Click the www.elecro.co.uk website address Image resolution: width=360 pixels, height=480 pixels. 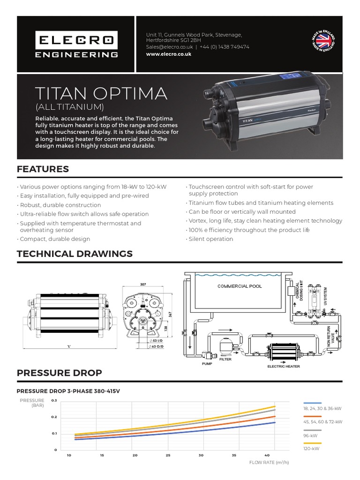click(x=169, y=54)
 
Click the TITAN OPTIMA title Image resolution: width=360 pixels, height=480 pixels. click(x=101, y=93)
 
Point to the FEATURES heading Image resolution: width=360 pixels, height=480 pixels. click(x=43, y=169)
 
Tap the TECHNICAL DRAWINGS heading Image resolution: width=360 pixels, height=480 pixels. click(x=75, y=254)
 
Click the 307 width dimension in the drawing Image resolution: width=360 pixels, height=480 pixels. click(x=142, y=284)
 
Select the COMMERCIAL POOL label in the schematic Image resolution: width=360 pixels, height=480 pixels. click(x=240, y=286)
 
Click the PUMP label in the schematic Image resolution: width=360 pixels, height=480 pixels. click(x=207, y=363)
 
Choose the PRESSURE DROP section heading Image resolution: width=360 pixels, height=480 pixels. click(x=59, y=373)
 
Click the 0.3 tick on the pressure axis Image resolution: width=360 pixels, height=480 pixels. click(x=53, y=401)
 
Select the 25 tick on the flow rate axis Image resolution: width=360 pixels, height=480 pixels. click(x=168, y=455)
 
